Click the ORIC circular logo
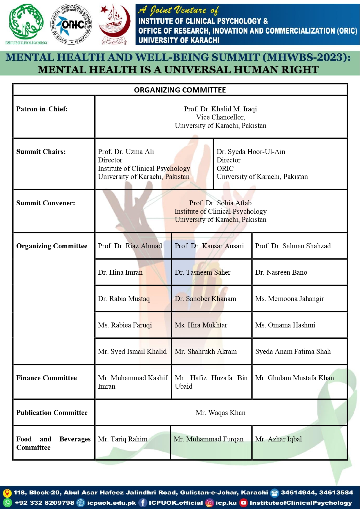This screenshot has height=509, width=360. click(72, 24)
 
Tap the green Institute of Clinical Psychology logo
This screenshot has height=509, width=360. click(26, 23)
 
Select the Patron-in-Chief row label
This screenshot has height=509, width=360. click(42, 109)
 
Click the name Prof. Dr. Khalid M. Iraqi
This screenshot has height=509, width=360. click(220, 109)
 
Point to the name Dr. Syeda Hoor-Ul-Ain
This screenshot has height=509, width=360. click(251, 152)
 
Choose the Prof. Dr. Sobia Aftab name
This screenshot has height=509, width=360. click(220, 203)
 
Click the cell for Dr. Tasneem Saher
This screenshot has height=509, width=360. click(202, 272)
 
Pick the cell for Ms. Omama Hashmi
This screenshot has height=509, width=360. click(285, 325)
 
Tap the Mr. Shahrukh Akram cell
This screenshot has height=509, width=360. click(206, 352)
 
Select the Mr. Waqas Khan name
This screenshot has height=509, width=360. click(220, 413)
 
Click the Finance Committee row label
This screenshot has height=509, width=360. click(46, 378)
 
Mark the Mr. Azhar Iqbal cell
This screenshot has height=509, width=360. click(278, 439)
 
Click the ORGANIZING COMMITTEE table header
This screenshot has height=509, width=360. click(180, 90)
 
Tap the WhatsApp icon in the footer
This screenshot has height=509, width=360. click(7, 503)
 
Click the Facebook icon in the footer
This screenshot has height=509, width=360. click(143, 503)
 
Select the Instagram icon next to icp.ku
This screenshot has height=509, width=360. click(209, 503)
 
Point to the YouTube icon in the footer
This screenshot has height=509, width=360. click(244, 503)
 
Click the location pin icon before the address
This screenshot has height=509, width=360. click(7, 493)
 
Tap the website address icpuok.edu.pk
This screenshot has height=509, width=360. click(111, 503)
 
